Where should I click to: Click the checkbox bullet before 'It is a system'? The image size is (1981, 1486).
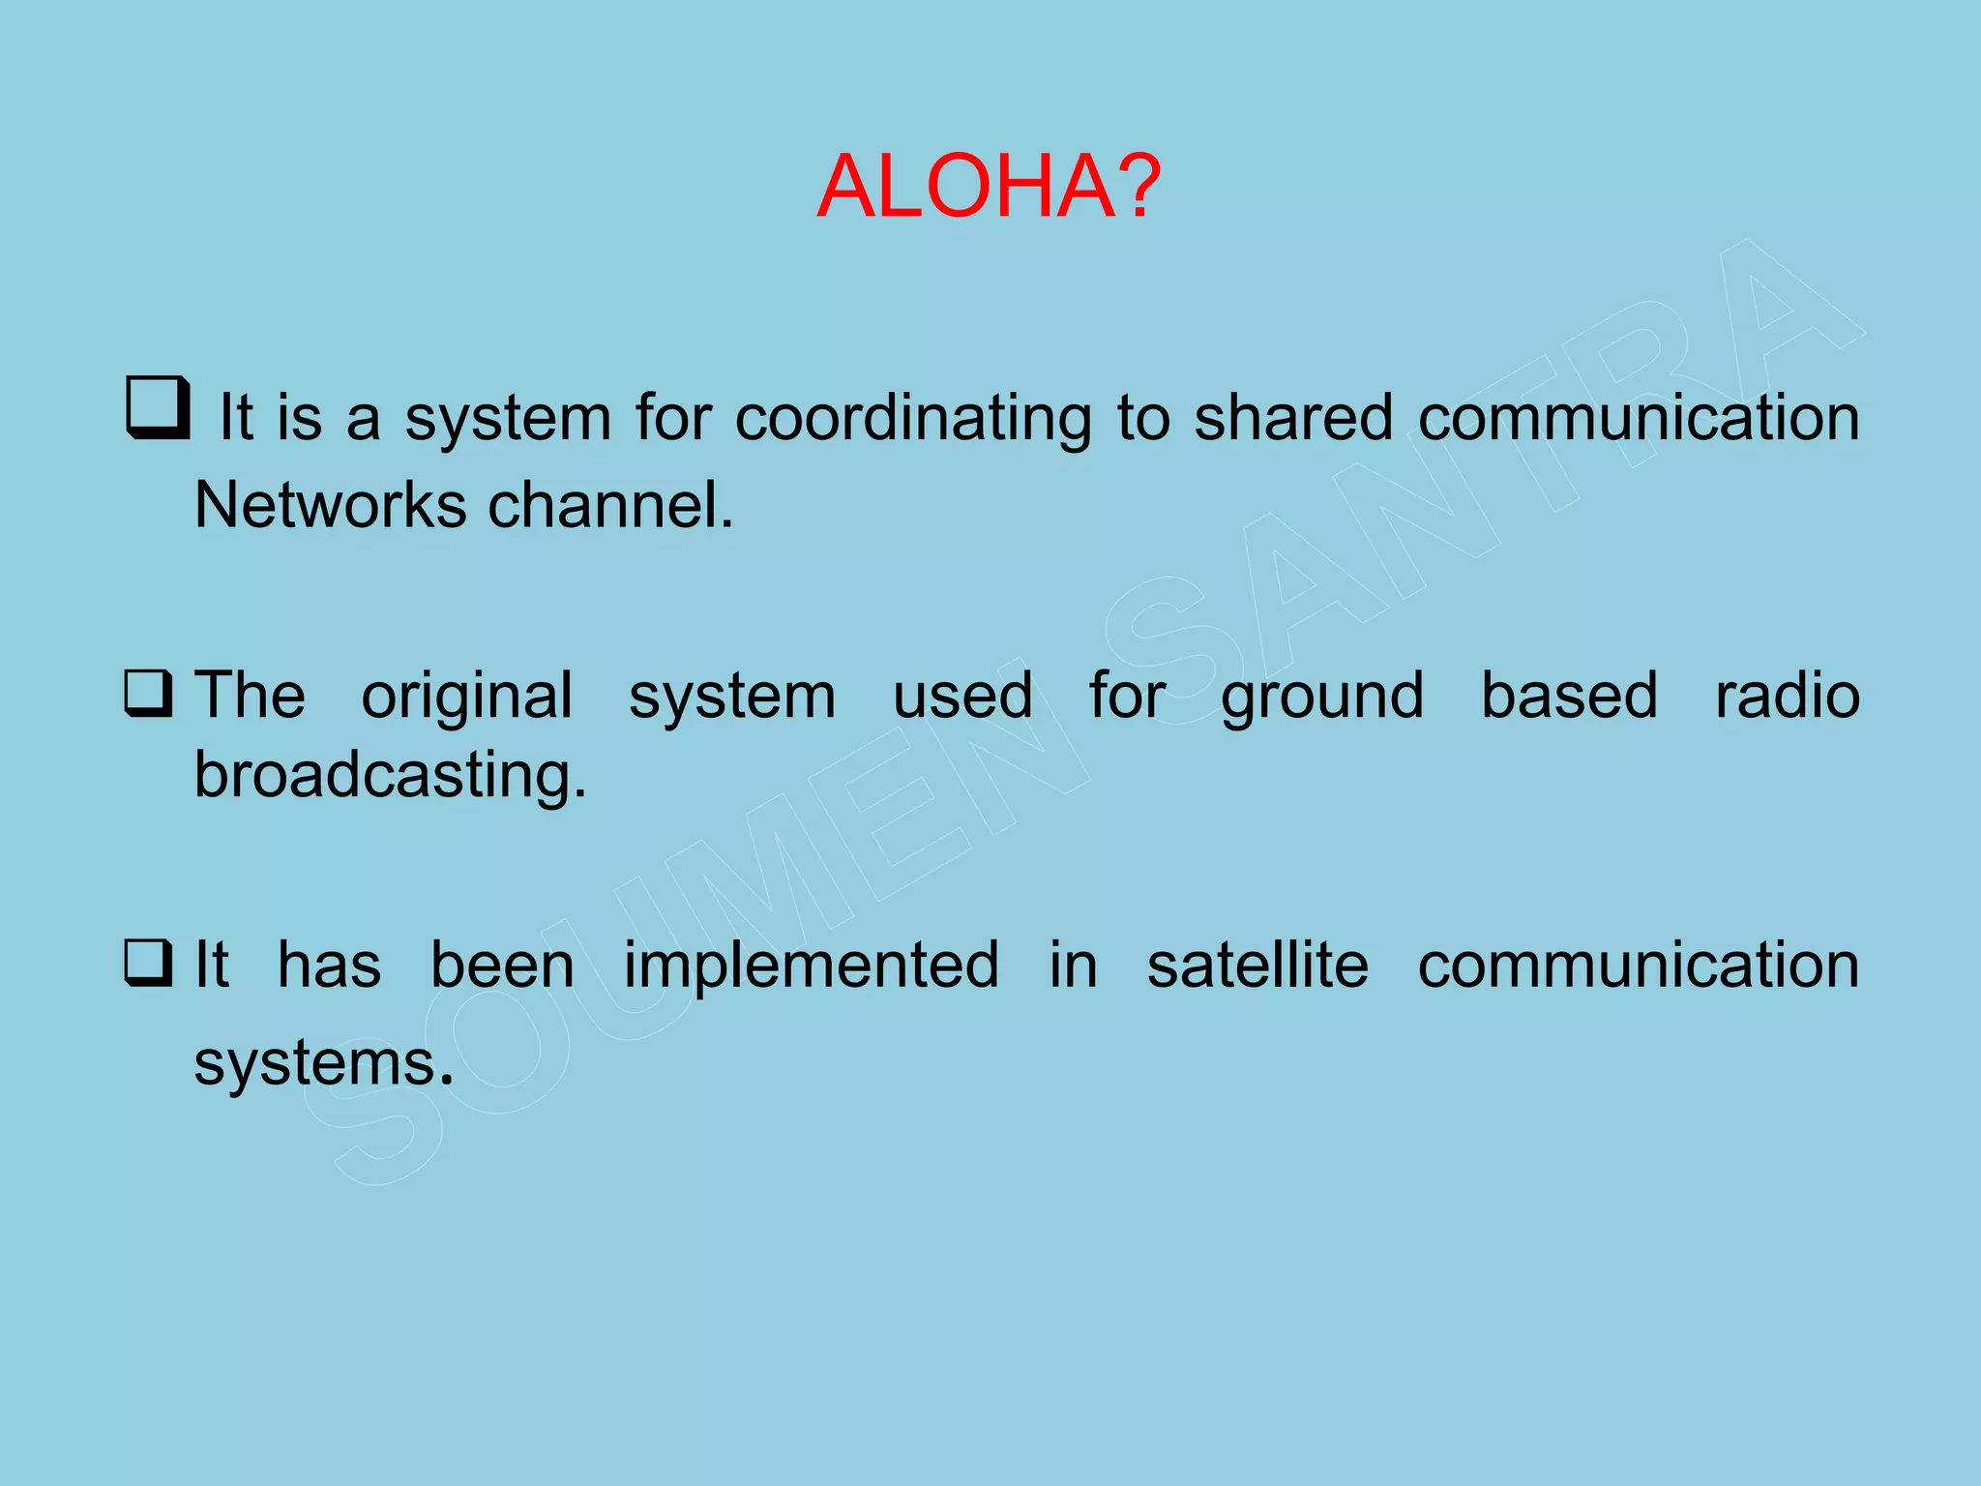tap(157, 407)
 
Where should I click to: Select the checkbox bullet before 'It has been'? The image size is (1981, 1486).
tap(149, 964)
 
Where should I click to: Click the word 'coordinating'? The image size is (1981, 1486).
tap(912, 418)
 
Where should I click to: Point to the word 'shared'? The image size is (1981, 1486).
tap(1293, 418)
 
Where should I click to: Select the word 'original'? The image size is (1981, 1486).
tap(467, 697)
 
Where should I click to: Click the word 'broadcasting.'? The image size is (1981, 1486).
tap(390, 776)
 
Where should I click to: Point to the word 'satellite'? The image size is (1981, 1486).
tap(1257, 966)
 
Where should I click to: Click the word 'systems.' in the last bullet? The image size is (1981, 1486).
tap(323, 1064)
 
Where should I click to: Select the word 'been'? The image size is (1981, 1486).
tap(502, 966)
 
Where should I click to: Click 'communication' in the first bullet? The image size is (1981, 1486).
tap(1639, 418)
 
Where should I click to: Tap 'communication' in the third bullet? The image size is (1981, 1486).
tap(1639, 966)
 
